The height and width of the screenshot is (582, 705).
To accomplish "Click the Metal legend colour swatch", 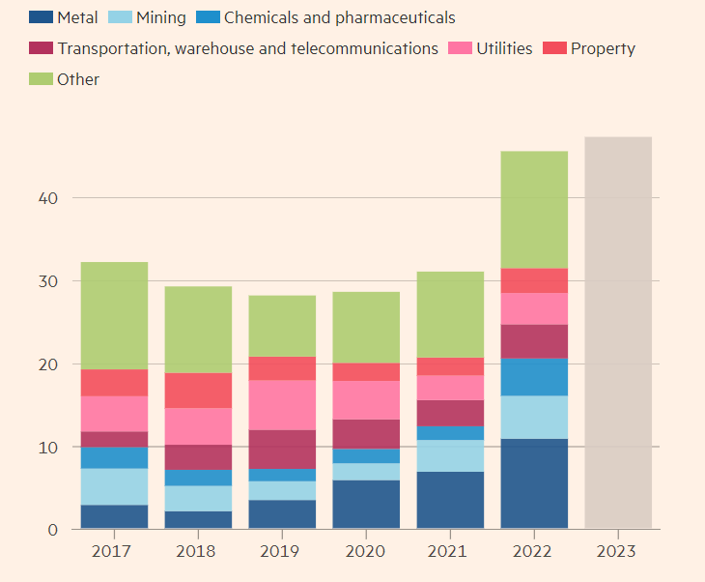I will [x=41, y=17].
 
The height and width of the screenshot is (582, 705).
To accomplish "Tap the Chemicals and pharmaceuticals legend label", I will [x=339, y=17].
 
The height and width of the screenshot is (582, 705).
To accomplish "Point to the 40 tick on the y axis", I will [x=48, y=198].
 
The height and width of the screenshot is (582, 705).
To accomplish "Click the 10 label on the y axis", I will [x=48, y=448].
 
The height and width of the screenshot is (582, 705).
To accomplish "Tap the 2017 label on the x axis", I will [x=113, y=551].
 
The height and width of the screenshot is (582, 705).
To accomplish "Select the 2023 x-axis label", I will [x=618, y=551].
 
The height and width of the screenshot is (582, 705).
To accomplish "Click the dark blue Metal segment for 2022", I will [x=534, y=483].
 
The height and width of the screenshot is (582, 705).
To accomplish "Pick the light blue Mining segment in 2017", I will [x=113, y=486].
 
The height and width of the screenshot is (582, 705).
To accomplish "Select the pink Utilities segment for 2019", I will [x=282, y=405].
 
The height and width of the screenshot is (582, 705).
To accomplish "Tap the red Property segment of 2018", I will [x=198, y=391].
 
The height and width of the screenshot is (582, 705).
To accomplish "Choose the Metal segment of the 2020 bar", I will [x=366, y=505].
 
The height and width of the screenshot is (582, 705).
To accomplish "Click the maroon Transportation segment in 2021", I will [x=450, y=413].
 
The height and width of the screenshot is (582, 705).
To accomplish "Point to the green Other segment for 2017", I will [x=113, y=315].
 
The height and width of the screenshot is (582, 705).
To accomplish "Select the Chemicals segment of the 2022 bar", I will [x=534, y=377].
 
